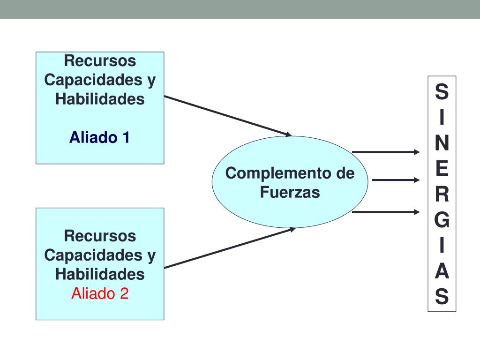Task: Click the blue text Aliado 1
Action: click(99, 138)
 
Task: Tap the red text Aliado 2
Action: click(99, 294)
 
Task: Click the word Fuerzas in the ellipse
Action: click(290, 192)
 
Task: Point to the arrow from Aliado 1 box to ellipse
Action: click(228, 116)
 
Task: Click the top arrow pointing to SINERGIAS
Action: click(386, 152)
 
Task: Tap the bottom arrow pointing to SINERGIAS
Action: click(386, 212)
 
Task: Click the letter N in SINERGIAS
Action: click(442, 143)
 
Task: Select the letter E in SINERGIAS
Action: click(442, 169)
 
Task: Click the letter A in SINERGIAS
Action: click(442, 271)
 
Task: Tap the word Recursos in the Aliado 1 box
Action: click(100, 61)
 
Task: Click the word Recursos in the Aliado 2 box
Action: click(100, 236)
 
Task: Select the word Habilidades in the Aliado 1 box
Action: click(100, 99)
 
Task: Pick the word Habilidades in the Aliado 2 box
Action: click(100, 274)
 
